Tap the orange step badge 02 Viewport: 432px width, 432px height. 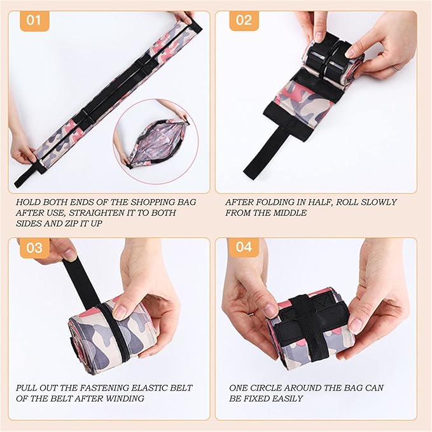(244, 21)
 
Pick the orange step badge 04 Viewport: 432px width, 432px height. (244, 247)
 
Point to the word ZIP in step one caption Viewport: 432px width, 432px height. (71, 223)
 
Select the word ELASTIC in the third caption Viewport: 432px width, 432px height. (151, 388)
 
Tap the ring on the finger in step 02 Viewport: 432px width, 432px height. (395, 68)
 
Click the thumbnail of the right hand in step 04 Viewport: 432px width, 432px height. (356, 323)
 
